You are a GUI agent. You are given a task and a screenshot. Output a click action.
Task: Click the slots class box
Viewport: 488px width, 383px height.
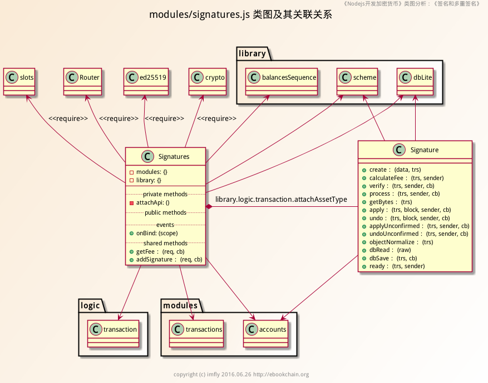click(x=20, y=80)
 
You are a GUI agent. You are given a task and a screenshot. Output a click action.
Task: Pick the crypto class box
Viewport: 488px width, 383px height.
click(x=208, y=80)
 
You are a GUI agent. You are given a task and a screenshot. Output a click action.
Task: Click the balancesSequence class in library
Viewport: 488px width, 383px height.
click(x=282, y=80)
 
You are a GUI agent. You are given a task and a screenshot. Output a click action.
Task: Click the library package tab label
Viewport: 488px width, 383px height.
click(x=252, y=54)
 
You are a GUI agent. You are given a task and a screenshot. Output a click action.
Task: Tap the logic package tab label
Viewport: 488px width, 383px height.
click(x=90, y=306)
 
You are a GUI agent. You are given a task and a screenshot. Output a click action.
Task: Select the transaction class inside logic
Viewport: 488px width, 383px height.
click(x=112, y=332)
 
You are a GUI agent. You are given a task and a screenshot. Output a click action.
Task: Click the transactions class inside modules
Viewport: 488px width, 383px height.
click(x=196, y=332)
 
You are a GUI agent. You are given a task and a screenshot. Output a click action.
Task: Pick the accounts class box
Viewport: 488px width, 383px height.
click(x=266, y=332)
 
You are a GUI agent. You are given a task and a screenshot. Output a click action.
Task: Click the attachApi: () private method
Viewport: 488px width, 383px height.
click(x=152, y=203)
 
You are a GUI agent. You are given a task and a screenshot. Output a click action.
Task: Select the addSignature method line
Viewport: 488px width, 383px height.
click(x=165, y=259)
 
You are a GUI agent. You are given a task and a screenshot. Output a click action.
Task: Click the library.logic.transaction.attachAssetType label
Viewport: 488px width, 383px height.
click(x=281, y=199)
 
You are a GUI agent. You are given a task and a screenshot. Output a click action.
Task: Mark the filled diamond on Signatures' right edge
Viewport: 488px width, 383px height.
click(x=209, y=207)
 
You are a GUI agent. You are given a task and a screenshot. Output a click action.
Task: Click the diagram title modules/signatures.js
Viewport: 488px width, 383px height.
click(x=240, y=15)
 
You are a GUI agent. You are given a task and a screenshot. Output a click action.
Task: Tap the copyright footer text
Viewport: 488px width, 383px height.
click(x=241, y=374)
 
